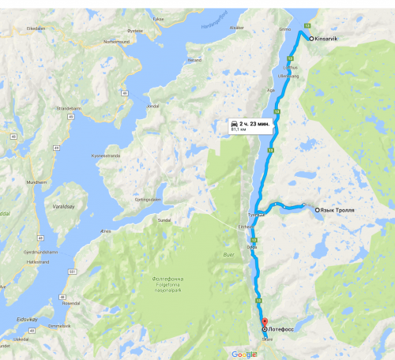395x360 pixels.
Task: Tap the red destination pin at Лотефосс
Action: pyautogui.click(x=265, y=321)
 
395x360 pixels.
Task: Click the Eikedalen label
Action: pyautogui.click(x=37, y=28)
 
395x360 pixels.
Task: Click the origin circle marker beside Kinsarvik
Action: pyautogui.click(x=310, y=39)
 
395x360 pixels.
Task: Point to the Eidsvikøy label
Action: pyautogui.click(x=28, y=319)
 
